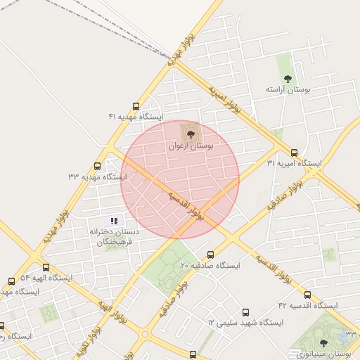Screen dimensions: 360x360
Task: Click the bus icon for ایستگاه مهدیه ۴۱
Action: click(x=136, y=106)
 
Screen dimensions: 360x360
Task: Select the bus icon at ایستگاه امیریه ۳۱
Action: click(x=294, y=153)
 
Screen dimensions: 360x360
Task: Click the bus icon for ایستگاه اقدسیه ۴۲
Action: click(x=307, y=295)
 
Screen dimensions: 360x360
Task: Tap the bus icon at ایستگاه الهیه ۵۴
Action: click(x=46, y=267)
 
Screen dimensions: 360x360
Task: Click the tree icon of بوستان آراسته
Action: click(x=287, y=79)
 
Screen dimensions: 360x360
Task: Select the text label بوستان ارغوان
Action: click(x=190, y=146)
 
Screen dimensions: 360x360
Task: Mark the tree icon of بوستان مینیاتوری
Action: click(x=323, y=342)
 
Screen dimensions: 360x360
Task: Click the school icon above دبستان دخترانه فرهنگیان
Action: click(x=114, y=221)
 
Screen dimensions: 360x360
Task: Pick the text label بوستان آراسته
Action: click(x=288, y=90)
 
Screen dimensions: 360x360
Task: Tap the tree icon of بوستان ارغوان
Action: click(x=191, y=134)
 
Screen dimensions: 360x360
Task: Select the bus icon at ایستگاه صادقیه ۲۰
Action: click(x=210, y=255)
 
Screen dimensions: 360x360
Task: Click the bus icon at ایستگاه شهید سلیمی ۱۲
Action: click(x=245, y=312)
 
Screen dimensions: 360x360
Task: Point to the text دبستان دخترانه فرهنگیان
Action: click(x=115, y=236)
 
